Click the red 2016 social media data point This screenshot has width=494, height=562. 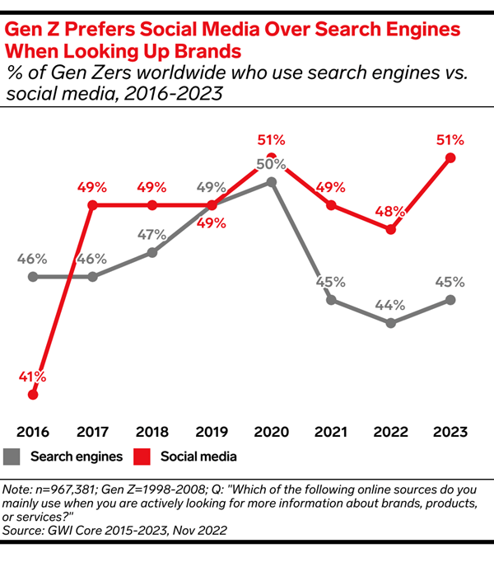[33, 395]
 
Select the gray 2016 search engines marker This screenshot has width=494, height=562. [33, 276]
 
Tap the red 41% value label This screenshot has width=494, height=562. [32, 377]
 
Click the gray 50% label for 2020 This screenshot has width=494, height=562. [268, 164]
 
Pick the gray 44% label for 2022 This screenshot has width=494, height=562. [390, 305]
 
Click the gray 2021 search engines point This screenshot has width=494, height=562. [331, 299]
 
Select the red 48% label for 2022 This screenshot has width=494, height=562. [391, 210]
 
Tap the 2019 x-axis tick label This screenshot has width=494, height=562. [212, 431]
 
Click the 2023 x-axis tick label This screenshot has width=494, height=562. [450, 431]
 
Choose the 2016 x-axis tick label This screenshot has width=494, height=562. [33, 431]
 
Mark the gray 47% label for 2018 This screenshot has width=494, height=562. [152, 234]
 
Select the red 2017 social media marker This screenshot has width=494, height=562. [92, 204]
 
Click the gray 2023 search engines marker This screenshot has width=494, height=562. [450, 299]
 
